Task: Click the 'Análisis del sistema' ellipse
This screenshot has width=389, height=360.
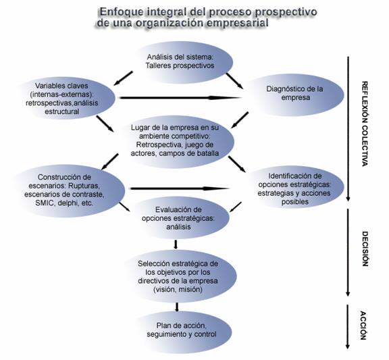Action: tap(183, 62)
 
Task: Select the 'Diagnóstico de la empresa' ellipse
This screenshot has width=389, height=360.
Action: tap(294, 95)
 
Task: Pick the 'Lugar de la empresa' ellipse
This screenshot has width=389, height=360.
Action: tap(176, 141)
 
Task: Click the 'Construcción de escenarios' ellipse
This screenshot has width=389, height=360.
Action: tap(67, 190)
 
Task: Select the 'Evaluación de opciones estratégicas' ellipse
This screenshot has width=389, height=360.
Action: tap(179, 218)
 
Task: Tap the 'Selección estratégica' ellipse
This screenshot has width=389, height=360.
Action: tap(179, 276)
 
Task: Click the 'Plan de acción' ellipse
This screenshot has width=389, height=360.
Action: tap(182, 330)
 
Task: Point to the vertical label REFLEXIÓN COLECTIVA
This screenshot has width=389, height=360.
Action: tap(365, 124)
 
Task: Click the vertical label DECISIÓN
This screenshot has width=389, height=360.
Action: tap(365, 249)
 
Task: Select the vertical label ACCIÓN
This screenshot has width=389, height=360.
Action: tap(363, 325)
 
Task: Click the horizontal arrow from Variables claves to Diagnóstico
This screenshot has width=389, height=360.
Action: tap(180, 98)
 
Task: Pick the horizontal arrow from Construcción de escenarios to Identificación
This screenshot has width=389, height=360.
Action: tap(180, 188)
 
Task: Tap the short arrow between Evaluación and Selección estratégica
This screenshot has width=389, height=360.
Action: tap(176, 244)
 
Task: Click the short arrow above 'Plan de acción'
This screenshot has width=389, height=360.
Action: tap(177, 307)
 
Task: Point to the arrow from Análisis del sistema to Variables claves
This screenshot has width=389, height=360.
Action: tap(123, 78)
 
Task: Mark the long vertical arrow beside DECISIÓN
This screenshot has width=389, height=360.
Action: tap(348, 253)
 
